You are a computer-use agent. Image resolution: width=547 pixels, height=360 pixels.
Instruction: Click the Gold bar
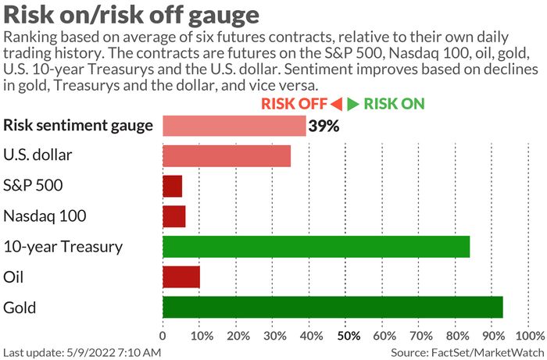[x=332, y=307]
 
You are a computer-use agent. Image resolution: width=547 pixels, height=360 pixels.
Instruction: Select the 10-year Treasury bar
[x=316, y=247]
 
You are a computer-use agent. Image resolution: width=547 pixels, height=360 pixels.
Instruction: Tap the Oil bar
[x=181, y=277]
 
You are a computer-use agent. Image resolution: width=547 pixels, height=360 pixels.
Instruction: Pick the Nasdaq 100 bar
[x=173, y=216]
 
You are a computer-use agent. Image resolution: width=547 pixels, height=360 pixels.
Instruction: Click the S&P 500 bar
[x=172, y=186]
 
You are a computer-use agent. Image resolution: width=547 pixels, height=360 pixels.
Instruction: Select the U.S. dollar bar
[x=227, y=155]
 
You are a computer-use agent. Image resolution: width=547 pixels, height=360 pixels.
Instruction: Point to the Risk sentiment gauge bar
[x=234, y=126]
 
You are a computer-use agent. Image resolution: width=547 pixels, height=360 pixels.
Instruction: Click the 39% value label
[x=324, y=126]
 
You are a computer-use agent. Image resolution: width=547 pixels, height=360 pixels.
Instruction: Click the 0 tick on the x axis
[x=163, y=337]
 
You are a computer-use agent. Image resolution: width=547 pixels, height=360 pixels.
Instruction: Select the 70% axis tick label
[x=421, y=337]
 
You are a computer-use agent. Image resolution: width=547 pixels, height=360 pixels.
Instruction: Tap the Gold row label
[x=19, y=307]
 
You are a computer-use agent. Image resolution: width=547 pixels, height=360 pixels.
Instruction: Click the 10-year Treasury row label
[x=63, y=247]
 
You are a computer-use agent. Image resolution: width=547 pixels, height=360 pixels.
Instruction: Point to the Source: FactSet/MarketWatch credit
[x=468, y=352]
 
